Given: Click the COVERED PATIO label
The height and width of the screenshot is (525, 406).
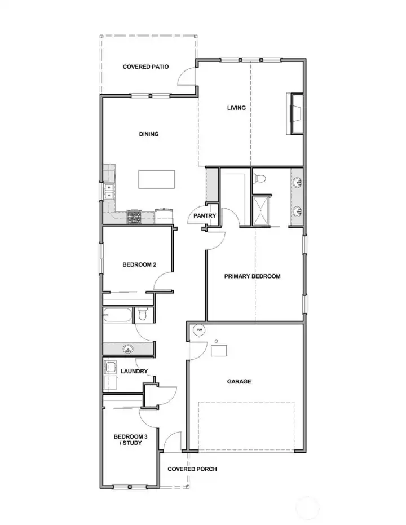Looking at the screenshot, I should [x=145, y=67].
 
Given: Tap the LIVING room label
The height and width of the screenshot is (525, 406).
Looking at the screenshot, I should [x=236, y=108].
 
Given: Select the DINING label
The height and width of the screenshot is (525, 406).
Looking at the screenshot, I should [x=149, y=134].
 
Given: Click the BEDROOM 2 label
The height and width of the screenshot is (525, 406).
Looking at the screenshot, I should [x=139, y=264].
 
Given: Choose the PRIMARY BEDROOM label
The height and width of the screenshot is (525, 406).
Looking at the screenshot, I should [x=252, y=276].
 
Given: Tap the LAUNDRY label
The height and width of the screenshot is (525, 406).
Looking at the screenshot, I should [x=134, y=371].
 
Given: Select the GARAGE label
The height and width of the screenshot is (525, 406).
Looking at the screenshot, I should [x=239, y=382].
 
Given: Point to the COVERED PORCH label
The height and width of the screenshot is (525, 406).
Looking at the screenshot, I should [x=192, y=469].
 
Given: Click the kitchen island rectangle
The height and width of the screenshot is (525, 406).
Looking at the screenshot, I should [x=157, y=180].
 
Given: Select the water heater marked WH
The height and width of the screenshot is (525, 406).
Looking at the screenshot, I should [x=198, y=330].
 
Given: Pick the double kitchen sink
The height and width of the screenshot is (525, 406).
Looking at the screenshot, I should [x=109, y=191].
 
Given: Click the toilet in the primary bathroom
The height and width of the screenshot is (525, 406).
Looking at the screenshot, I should [x=259, y=179].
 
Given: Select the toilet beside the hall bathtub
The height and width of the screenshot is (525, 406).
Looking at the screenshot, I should [x=142, y=315].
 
